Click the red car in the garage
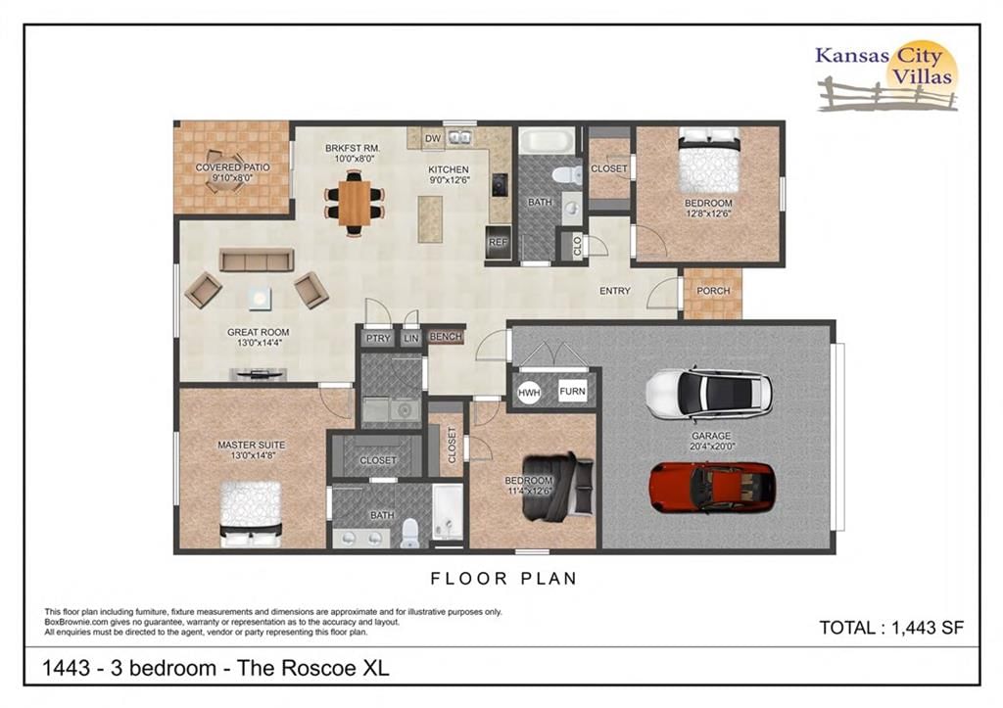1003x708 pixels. pos(712,487)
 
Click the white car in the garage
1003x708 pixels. pos(709,394)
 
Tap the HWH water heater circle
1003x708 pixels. pos(529,393)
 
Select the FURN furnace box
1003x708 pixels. pos(572,391)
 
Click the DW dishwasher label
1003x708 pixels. pos(433,138)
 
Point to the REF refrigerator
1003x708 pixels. pos(498,243)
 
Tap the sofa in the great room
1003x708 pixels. pos(257,260)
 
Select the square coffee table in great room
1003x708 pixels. pos(260,299)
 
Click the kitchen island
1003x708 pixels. pos(430,218)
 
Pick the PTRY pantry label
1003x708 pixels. pos(378,338)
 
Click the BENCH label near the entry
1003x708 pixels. pos(446,337)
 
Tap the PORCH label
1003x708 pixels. pos(713,291)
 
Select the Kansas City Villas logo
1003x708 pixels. pos(886,76)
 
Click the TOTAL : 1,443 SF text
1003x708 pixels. pos(891,628)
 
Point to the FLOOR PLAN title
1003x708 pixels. pos(504,579)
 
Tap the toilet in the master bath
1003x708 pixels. pos(410,534)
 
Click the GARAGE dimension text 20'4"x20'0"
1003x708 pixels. pos(711,447)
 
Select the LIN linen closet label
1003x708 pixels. pos(411,338)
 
